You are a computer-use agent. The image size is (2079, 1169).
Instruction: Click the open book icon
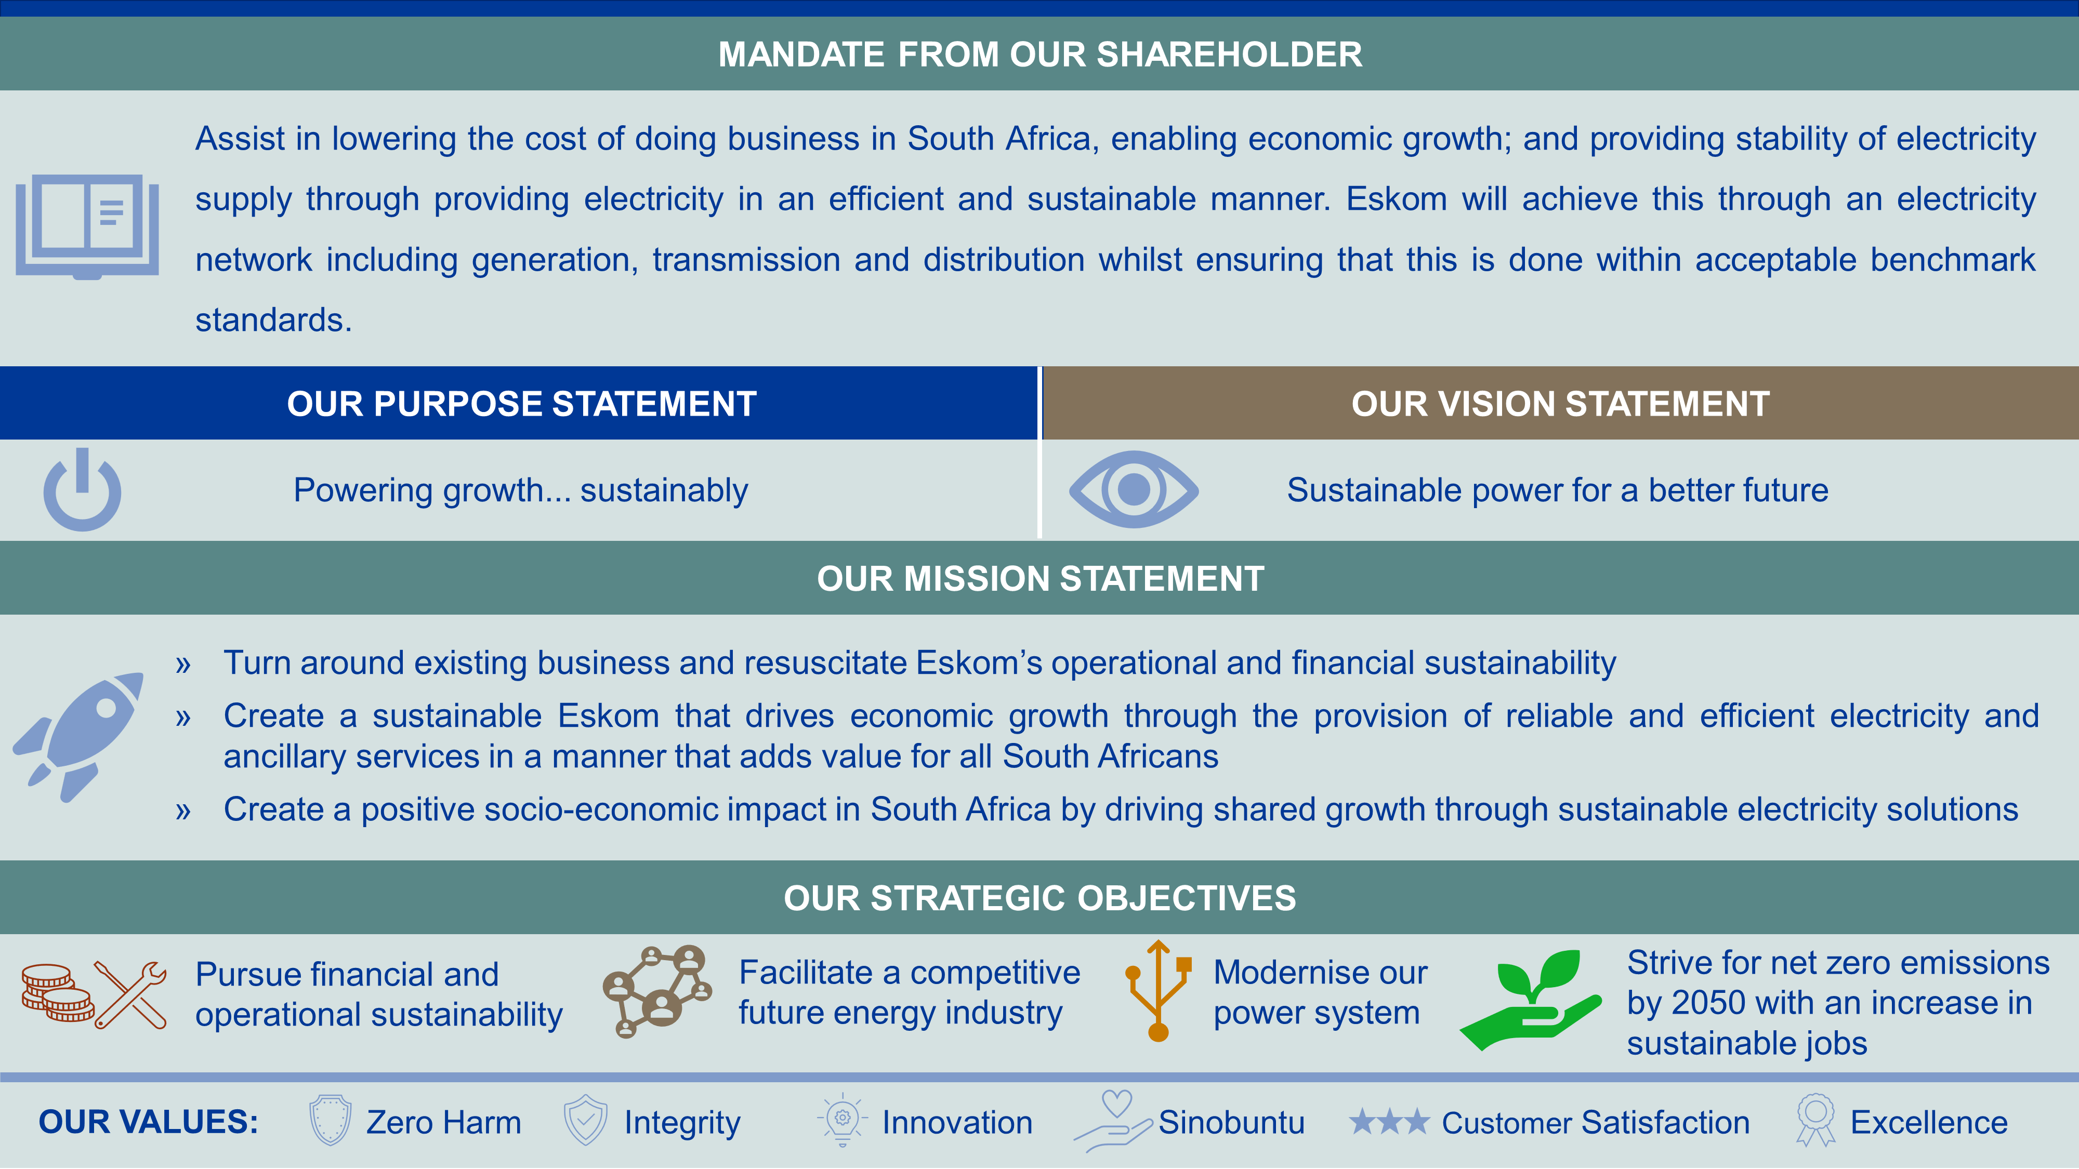[87, 227]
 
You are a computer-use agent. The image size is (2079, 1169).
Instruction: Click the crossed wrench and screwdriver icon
[131, 995]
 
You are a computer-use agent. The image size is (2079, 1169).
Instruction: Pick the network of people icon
[657, 991]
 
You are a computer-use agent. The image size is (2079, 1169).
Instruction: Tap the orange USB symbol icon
[1158, 991]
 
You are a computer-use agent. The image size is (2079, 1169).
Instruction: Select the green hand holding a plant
[1530, 1000]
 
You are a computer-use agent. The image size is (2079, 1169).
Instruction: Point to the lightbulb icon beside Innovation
[842, 1120]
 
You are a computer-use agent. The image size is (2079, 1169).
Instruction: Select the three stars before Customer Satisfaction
[1389, 1121]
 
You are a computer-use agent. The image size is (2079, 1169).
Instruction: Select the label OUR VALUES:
[149, 1122]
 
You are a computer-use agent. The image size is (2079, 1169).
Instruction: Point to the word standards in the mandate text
[273, 320]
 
